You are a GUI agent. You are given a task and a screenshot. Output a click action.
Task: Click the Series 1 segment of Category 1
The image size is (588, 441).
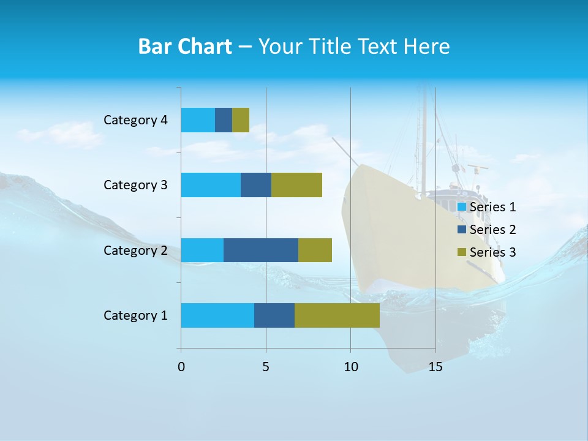coord(217,315)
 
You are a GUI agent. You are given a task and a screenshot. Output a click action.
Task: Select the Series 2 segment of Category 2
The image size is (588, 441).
coord(261,250)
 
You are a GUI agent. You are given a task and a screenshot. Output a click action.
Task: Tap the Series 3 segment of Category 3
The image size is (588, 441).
coord(296,185)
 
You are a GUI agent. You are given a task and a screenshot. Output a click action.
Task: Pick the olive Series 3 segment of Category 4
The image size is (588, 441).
coord(241,120)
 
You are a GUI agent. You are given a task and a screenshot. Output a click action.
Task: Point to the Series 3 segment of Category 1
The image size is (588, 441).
coord(337,315)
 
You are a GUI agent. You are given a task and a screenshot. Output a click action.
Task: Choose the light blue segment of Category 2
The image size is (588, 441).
coord(202,250)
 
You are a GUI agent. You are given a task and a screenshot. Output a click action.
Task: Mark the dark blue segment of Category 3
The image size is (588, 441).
coord(256,185)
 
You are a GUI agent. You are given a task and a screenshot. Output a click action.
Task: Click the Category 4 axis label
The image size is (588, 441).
coord(135,120)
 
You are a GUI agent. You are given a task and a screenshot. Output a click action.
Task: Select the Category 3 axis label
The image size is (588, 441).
coord(135,185)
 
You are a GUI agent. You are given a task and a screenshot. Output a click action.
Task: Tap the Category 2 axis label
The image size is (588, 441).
coord(135,251)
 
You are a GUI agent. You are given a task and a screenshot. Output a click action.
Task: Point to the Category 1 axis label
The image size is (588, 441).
coord(135,315)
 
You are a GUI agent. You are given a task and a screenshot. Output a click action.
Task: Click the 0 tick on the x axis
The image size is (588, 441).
coord(181,367)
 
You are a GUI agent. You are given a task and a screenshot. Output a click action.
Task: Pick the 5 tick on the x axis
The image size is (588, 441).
coord(266,367)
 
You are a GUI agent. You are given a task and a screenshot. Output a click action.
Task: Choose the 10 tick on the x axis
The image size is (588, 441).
coord(350,367)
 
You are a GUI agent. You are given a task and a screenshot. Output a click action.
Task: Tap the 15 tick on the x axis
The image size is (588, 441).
coord(435,367)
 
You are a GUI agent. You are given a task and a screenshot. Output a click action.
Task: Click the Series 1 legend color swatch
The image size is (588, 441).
coord(462,207)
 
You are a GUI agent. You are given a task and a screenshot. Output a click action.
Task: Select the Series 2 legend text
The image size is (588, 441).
coord(493,230)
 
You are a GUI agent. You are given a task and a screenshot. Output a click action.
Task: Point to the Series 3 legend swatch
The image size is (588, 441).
coord(462,252)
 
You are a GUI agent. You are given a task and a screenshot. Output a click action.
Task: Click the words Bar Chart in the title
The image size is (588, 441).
coord(185,47)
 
